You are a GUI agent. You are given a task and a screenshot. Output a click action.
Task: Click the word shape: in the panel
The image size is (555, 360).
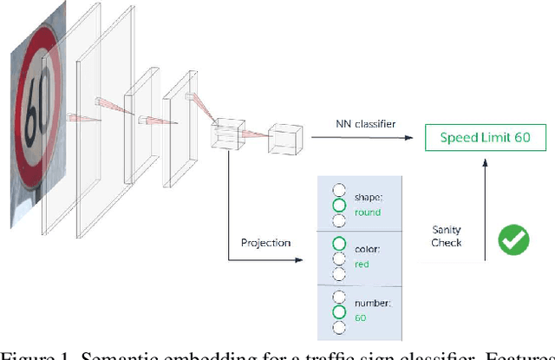(369, 196)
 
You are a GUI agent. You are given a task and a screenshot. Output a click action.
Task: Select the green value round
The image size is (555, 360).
(368, 212)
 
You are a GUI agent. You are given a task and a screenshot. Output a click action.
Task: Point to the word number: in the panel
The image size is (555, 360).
(373, 304)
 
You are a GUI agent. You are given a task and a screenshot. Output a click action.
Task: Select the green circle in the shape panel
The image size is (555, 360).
(339, 206)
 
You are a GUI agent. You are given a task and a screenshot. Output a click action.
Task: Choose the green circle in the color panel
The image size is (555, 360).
(339, 244)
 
